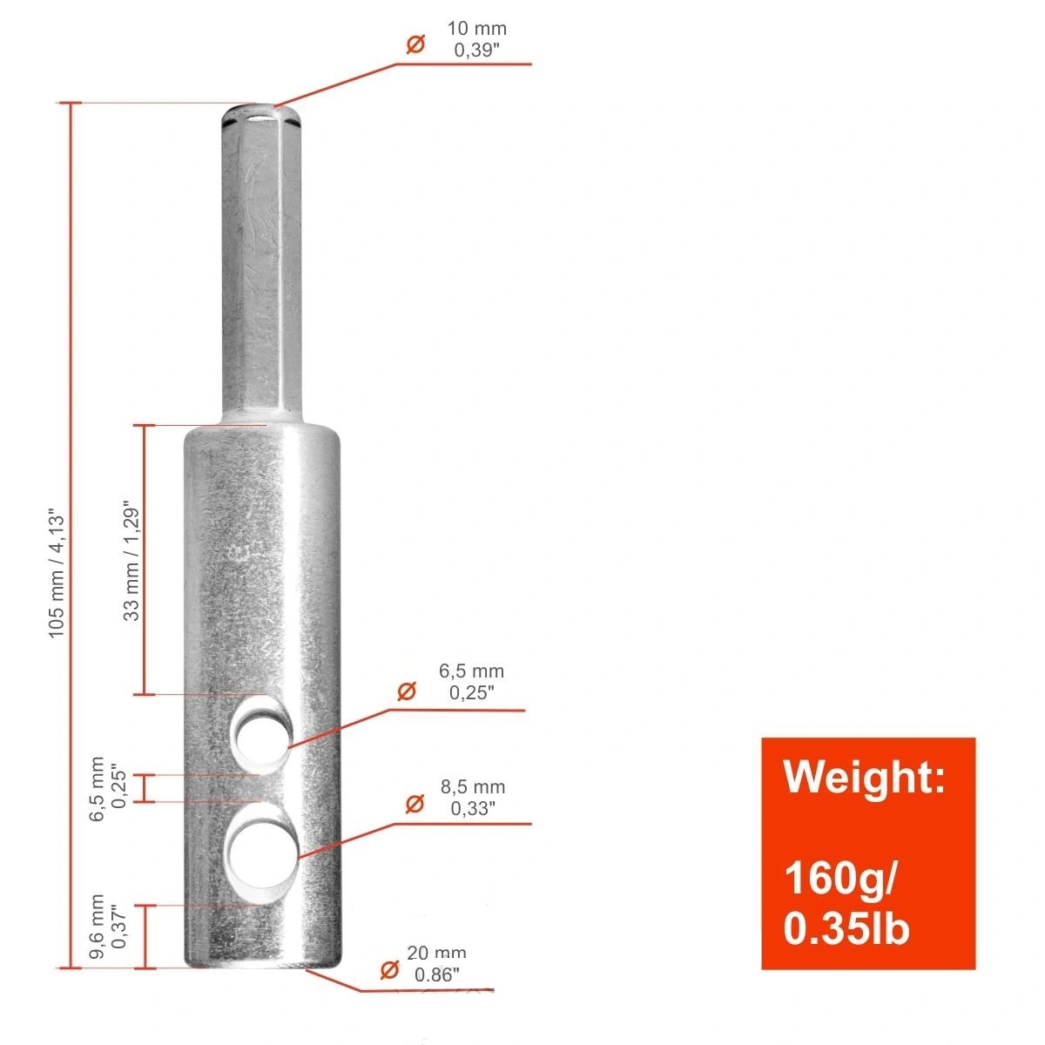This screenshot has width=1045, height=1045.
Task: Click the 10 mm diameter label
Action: (x=476, y=28)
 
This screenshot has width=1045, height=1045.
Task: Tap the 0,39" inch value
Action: (x=476, y=51)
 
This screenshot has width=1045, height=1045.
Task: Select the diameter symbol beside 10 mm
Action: (x=415, y=44)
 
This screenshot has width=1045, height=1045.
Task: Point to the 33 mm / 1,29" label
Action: (x=131, y=560)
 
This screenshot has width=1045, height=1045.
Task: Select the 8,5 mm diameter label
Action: (x=472, y=786)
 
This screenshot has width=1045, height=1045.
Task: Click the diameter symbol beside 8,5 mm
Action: (x=415, y=804)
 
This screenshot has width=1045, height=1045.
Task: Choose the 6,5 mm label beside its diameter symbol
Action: (x=471, y=671)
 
